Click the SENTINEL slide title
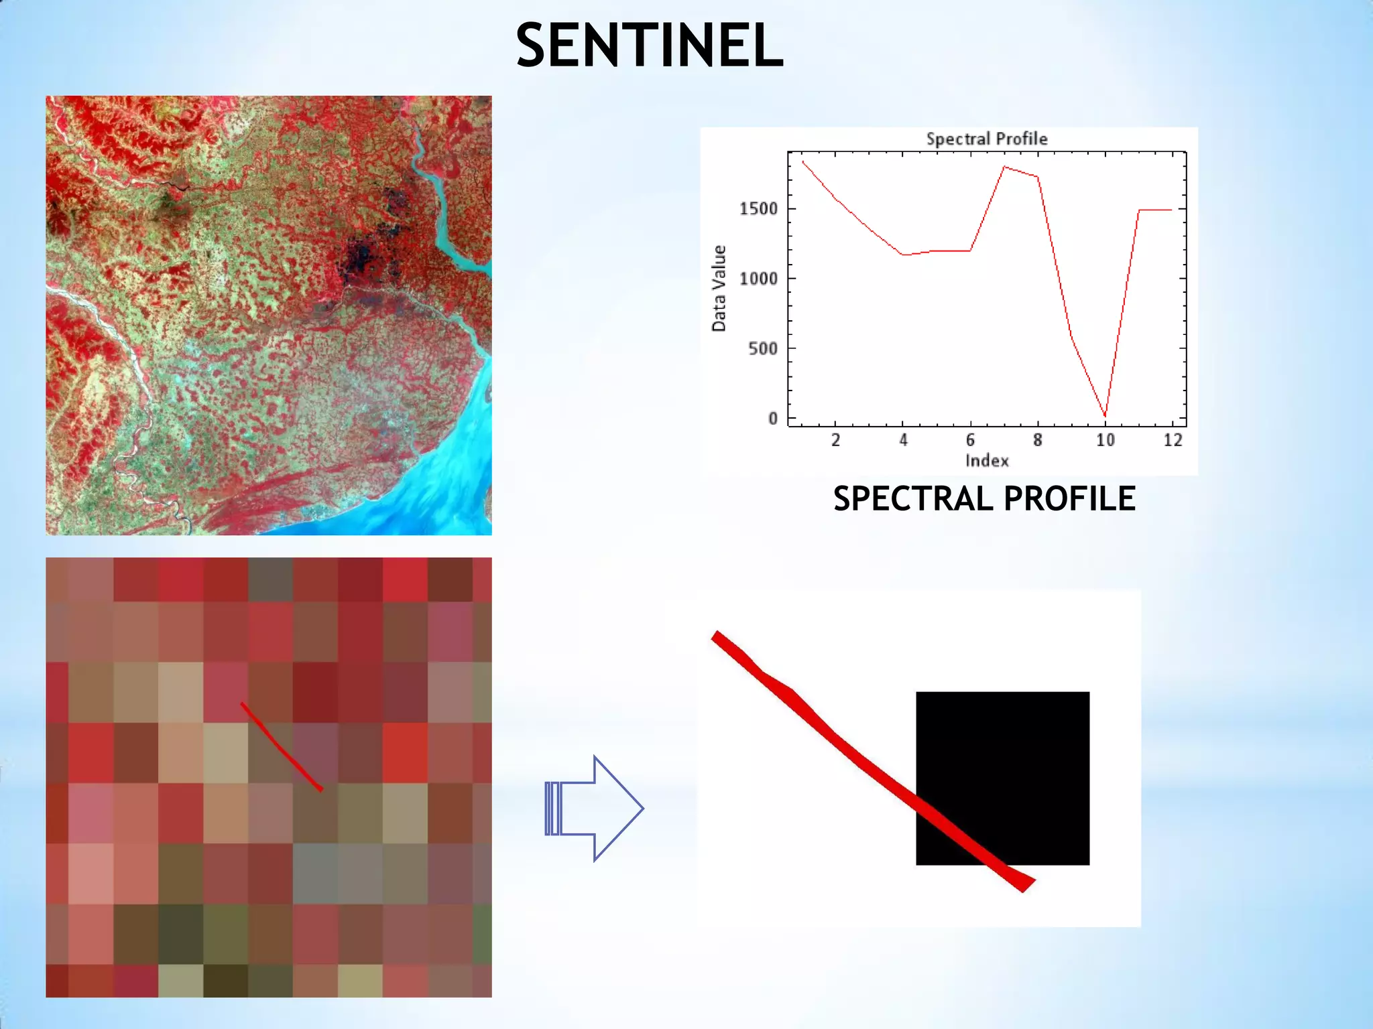[649, 46]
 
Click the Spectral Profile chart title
[986, 139]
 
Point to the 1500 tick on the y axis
[758, 209]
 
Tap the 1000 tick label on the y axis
[758, 279]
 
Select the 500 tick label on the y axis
[762, 348]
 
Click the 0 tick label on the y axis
[773, 419]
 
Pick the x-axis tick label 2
[835, 440]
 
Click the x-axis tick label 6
[970, 440]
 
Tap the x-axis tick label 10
[1105, 440]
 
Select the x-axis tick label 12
[1173, 440]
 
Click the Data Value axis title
[719, 288]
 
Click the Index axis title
[986, 461]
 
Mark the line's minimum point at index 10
[1105, 416]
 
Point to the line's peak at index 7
[1004, 167]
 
